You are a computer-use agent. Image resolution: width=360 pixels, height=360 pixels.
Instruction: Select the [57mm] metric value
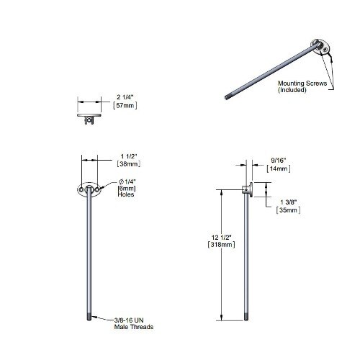[x=126, y=106]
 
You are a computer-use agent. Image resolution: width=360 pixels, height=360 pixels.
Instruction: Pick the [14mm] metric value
[x=278, y=168]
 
